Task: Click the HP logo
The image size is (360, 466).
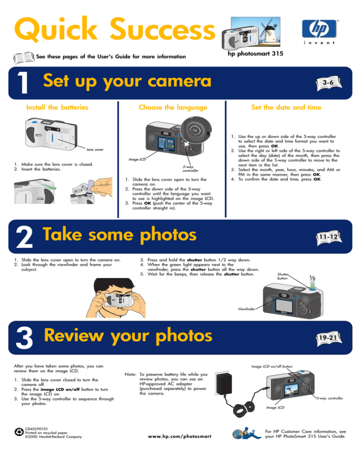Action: tap(320, 29)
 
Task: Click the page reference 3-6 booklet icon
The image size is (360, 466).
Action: tap(329, 83)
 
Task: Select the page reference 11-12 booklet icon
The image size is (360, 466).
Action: tap(329, 238)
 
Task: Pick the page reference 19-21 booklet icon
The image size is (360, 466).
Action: tap(329, 338)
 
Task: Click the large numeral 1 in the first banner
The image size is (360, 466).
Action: tap(23, 83)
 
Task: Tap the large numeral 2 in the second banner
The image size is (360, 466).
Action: tap(24, 237)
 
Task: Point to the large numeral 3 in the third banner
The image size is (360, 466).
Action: tap(24, 338)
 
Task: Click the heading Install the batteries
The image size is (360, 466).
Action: tap(57, 107)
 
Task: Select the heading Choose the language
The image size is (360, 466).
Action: tap(173, 107)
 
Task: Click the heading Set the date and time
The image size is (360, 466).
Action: tap(286, 107)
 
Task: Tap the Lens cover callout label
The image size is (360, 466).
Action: tap(95, 150)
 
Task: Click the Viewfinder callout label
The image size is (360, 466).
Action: tap(247, 309)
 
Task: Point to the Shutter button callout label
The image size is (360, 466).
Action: tap(283, 276)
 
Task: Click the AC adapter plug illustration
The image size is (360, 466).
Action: tap(223, 383)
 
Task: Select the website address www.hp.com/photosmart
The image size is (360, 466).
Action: tap(180, 436)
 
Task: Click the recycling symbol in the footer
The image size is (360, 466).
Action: tap(19, 432)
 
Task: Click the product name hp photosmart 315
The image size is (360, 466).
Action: tap(255, 53)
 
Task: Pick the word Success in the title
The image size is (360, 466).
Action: tap(163, 29)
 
